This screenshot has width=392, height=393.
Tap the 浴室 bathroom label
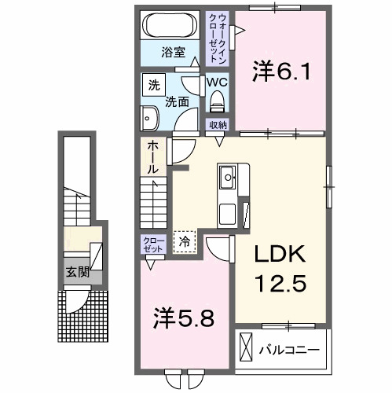(x=174, y=53)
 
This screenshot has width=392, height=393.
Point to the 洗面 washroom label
(x=176, y=101)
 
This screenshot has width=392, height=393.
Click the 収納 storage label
(x=218, y=124)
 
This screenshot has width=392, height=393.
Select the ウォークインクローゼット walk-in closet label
(x=215, y=37)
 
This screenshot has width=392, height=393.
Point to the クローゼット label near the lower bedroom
(x=152, y=244)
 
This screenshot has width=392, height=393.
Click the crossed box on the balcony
(x=246, y=347)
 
